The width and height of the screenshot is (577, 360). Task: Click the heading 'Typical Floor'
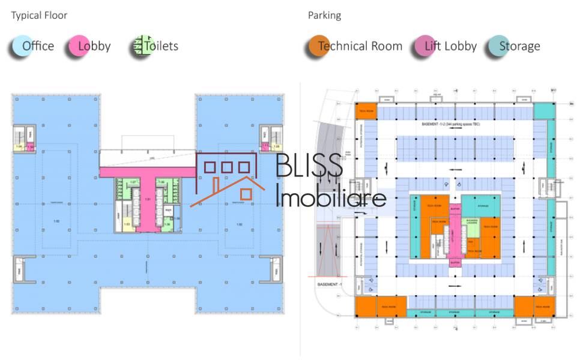39,16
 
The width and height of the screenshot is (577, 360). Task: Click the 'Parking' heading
324,16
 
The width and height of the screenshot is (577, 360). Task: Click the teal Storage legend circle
497,46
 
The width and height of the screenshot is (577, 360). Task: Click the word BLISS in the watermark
309,165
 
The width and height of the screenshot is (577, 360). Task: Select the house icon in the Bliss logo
228,177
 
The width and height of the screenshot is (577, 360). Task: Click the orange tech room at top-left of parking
366,111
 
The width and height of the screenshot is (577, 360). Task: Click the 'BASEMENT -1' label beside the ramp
330,284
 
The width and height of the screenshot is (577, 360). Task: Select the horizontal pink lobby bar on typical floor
147,172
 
